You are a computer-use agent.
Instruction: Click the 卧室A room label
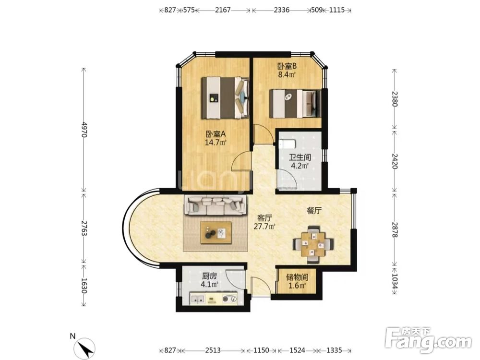click(216, 134)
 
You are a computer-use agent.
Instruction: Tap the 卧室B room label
click(287, 66)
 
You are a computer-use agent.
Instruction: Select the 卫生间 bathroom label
click(300, 157)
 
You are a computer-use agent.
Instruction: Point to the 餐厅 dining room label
click(314, 211)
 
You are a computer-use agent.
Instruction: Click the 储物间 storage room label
click(297, 277)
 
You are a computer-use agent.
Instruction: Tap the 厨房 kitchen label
click(209, 276)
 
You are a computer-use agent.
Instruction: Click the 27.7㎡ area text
click(264, 227)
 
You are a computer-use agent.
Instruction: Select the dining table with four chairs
click(313, 244)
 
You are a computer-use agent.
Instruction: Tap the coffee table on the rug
click(216, 233)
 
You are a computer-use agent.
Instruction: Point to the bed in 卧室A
click(225, 98)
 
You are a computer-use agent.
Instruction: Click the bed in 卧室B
click(295, 104)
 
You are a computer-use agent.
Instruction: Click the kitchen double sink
click(197, 299)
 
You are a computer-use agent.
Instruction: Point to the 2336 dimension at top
click(282, 10)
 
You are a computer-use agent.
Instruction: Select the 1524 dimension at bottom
click(297, 350)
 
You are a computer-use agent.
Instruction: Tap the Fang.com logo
click(428, 340)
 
